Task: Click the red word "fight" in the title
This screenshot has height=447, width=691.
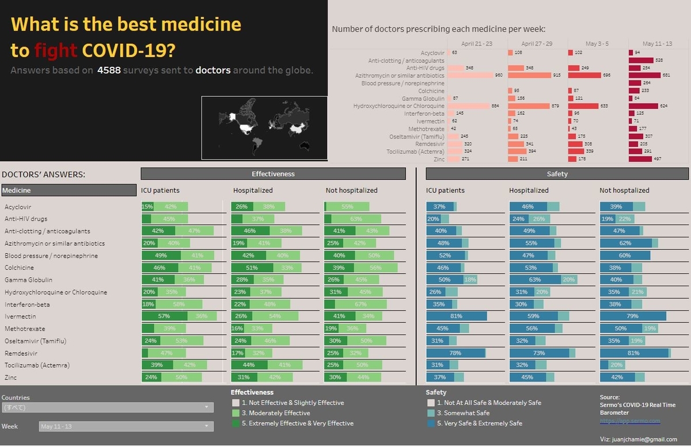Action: click(x=55, y=50)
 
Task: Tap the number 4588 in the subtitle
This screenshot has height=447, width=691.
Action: click(x=109, y=70)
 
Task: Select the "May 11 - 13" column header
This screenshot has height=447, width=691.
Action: click(x=656, y=44)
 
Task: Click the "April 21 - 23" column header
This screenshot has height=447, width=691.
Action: click(x=477, y=44)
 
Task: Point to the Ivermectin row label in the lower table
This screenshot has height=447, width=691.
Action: click(x=20, y=316)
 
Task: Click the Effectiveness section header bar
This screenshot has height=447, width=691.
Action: click(x=273, y=173)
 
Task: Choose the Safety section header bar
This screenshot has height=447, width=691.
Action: click(x=557, y=173)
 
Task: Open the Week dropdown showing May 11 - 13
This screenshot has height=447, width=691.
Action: click(x=126, y=426)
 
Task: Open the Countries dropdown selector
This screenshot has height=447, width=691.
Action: click(x=107, y=407)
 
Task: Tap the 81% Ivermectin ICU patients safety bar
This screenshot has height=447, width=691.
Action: click(x=456, y=316)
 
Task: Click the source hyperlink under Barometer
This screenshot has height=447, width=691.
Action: click(x=629, y=421)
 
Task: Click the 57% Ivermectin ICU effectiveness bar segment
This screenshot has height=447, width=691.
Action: click(x=164, y=316)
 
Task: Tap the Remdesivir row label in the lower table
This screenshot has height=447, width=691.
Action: click(x=21, y=353)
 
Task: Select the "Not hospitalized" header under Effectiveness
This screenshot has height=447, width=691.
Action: click(x=351, y=190)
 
